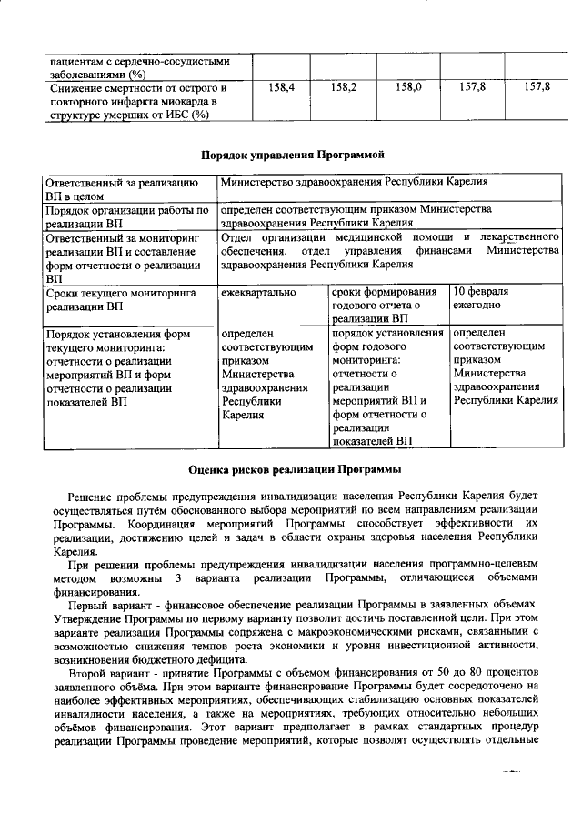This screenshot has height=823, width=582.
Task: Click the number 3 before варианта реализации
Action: point(179,579)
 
